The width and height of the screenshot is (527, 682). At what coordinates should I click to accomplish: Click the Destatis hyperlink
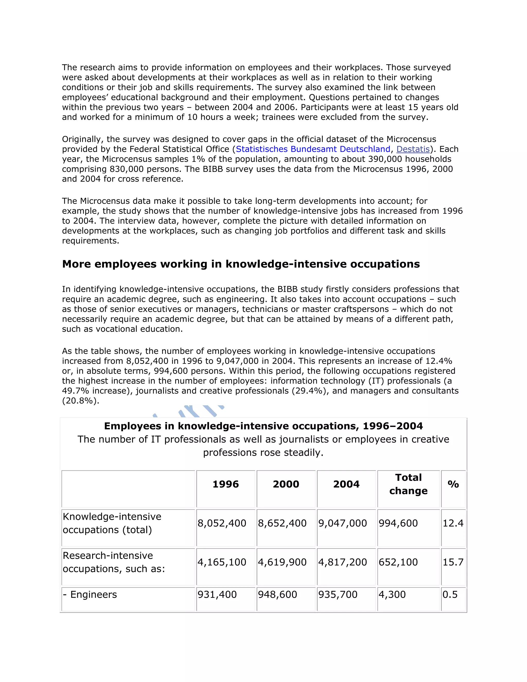pyautogui.click(x=413, y=149)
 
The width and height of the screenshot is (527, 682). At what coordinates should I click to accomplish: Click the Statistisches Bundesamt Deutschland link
pyautogui.click(x=313, y=149)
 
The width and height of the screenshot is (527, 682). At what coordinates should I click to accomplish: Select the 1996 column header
pyautogui.click(x=225, y=484)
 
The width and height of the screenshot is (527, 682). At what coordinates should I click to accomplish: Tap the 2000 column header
pyautogui.click(x=286, y=484)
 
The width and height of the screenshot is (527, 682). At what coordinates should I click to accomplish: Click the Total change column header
pyautogui.click(x=408, y=484)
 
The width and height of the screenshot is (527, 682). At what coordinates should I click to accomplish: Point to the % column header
pyautogui.click(x=453, y=484)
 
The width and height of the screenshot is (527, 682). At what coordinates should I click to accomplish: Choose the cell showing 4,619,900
pyautogui.click(x=282, y=562)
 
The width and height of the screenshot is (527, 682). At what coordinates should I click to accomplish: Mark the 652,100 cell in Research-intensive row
pyautogui.click(x=398, y=562)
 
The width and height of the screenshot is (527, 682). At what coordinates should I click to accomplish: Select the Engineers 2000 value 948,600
pyautogui.click(x=277, y=594)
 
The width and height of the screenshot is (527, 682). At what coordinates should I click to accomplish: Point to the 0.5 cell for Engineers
pyautogui.click(x=450, y=594)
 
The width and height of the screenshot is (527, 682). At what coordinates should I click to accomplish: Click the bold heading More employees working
pyautogui.click(x=241, y=264)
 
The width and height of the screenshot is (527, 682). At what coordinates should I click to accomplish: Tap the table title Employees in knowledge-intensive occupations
pyautogui.click(x=263, y=426)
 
